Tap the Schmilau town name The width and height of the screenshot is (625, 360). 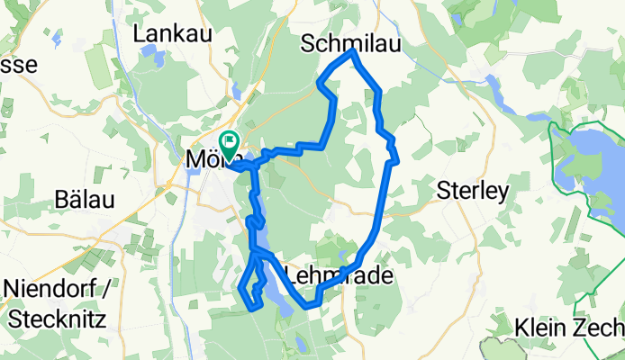349,43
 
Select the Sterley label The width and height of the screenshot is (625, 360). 472,190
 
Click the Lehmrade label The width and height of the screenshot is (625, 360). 340,275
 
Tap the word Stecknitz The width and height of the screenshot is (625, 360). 54,319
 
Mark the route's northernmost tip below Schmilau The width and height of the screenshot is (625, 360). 353,53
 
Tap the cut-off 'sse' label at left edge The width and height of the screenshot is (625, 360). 18,65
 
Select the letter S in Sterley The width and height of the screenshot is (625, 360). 442,190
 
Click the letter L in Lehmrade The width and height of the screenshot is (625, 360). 291,275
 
